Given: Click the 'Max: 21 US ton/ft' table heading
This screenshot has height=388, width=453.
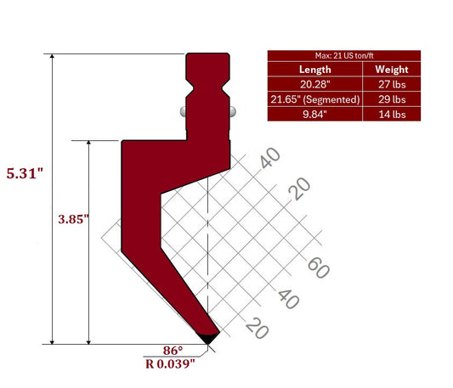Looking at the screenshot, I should (344, 55).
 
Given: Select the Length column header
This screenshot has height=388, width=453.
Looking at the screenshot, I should (314, 70).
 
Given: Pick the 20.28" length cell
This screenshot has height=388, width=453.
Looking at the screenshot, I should (314, 85).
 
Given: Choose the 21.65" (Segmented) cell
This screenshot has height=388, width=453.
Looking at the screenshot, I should (314, 99).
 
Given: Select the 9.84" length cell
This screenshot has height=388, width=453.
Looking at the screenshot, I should (314, 114).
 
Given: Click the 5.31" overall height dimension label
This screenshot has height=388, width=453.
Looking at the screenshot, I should (25, 173).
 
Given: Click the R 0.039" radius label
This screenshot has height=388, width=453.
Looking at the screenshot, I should (171, 363).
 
